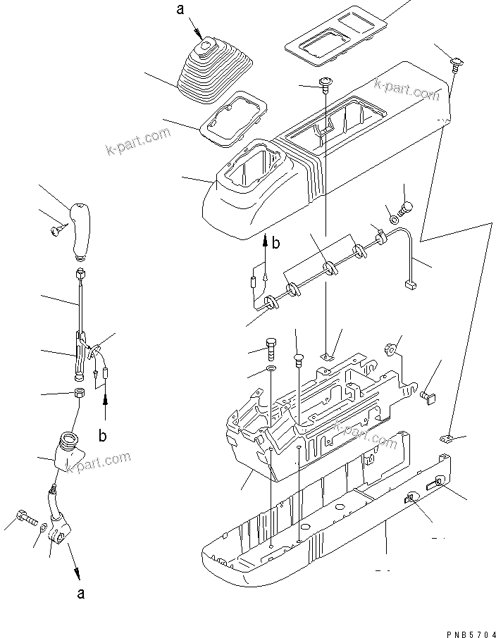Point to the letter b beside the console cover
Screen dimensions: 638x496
point(276,244)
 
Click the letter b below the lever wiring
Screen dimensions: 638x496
point(103,435)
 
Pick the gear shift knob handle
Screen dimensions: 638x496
point(80,228)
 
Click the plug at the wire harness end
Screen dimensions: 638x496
point(409,284)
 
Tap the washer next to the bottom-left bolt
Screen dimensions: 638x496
point(44,527)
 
